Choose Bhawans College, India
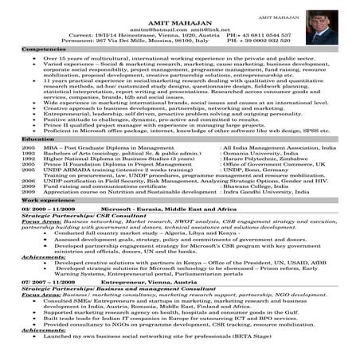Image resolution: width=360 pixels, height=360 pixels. click(x=251, y=186)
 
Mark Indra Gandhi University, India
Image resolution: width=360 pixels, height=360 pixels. click(x=261, y=191)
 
